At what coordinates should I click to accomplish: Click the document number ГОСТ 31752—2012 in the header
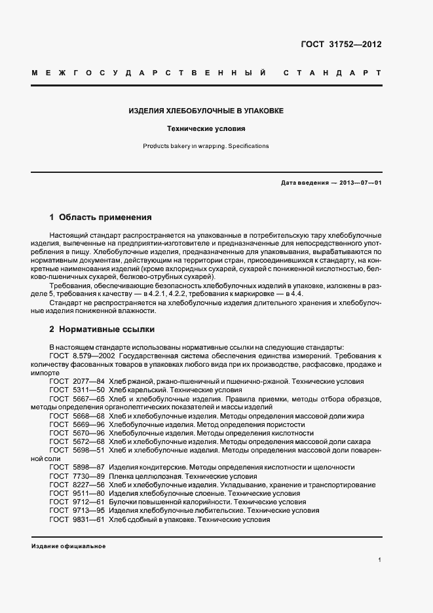pyautogui.click(x=341, y=45)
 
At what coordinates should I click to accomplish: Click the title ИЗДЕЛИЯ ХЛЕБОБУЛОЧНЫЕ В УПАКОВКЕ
pyautogui.click(x=206, y=111)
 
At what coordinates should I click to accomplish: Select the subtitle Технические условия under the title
pyautogui.click(x=206, y=130)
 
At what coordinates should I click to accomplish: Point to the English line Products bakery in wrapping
pyautogui.click(x=206, y=146)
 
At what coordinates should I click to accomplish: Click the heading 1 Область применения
pyautogui.click(x=101, y=217)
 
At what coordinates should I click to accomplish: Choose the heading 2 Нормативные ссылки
pyautogui.click(x=102, y=329)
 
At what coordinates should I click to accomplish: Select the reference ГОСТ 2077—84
pyautogui.click(x=77, y=381)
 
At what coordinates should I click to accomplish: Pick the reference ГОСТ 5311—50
pyautogui.click(x=77, y=390)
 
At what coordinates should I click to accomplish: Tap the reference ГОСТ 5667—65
pyautogui.click(x=77, y=399)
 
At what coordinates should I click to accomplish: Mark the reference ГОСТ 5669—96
pyautogui.click(x=77, y=424)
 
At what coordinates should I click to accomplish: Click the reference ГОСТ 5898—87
pyautogui.click(x=77, y=468)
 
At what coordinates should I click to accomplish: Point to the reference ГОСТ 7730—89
pyautogui.click(x=77, y=476)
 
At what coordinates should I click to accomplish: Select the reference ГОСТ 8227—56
pyautogui.click(x=77, y=485)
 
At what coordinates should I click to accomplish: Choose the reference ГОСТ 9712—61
pyautogui.click(x=77, y=502)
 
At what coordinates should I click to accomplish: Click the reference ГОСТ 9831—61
pyautogui.click(x=77, y=519)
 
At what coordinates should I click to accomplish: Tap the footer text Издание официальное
pyautogui.click(x=68, y=546)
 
